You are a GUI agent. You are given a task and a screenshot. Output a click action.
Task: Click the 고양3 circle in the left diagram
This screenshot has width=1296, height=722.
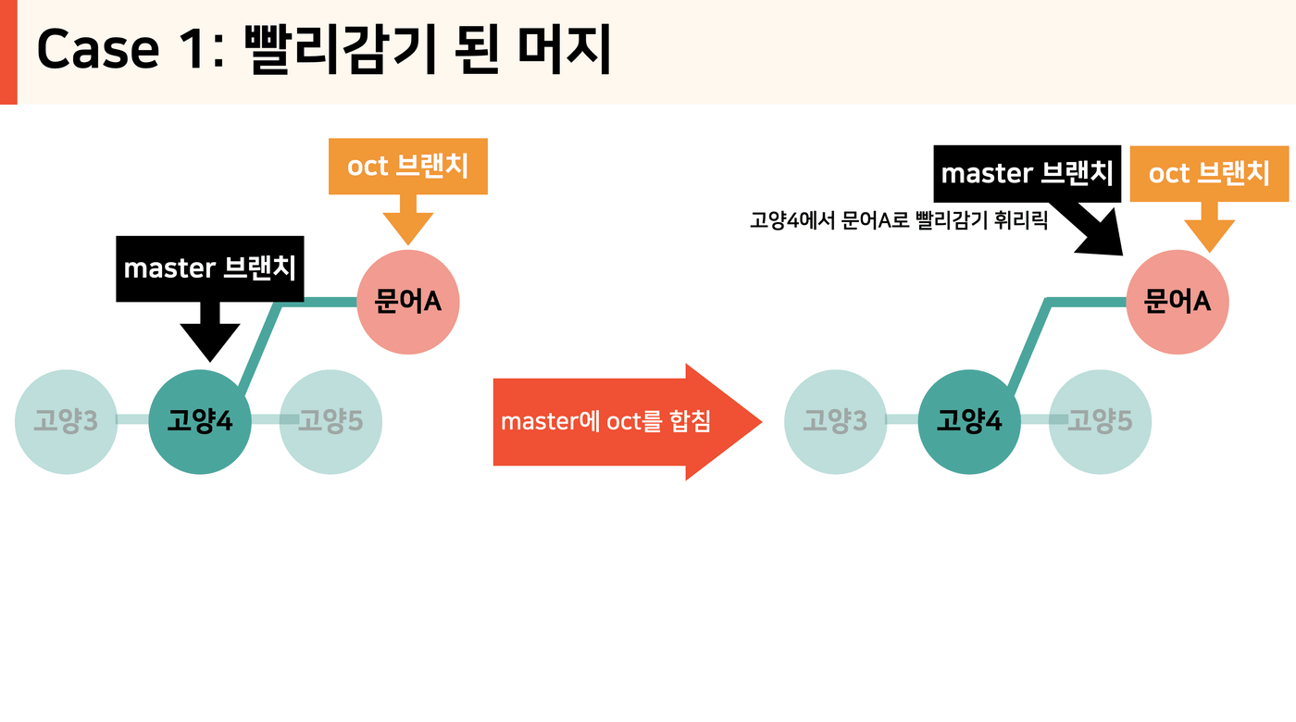click(x=66, y=422)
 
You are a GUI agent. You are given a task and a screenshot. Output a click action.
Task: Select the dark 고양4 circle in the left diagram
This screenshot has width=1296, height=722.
click(x=200, y=422)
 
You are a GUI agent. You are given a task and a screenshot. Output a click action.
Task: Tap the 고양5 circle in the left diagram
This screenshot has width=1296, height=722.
click(x=331, y=422)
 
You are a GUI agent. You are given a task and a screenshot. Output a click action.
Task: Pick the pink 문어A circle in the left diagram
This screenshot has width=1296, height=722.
click(x=408, y=302)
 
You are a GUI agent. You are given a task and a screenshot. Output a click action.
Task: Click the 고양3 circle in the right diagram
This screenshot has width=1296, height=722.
click(x=835, y=422)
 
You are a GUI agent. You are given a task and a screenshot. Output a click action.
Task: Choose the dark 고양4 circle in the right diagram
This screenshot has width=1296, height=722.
click(x=969, y=422)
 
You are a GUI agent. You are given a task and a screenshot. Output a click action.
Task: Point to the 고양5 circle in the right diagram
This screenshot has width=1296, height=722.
click(x=1100, y=422)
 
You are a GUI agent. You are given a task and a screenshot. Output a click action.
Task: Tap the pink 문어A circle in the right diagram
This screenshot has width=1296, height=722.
click(x=1178, y=302)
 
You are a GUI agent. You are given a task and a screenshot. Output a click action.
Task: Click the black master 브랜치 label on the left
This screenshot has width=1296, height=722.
click(x=210, y=268)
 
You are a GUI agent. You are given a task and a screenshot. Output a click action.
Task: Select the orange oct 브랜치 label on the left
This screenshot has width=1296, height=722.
click(x=408, y=166)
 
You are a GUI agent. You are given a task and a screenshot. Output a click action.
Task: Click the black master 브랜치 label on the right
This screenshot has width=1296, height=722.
click(x=1027, y=174)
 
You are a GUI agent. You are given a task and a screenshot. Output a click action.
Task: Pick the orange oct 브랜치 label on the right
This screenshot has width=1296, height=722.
click(x=1209, y=174)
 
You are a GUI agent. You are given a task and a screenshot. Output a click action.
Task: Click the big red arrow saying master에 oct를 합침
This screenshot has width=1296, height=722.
click(x=628, y=422)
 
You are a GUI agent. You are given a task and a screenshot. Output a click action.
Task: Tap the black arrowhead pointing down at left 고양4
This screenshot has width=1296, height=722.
click(x=210, y=342)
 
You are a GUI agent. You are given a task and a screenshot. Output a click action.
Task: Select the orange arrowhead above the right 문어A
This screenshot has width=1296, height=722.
click(x=1209, y=234)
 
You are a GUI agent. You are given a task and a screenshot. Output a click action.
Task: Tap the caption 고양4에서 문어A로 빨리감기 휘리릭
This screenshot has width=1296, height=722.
click(x=899, y=220)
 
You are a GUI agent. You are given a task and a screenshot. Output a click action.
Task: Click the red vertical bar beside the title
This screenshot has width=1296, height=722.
click(x=8, y=52)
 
